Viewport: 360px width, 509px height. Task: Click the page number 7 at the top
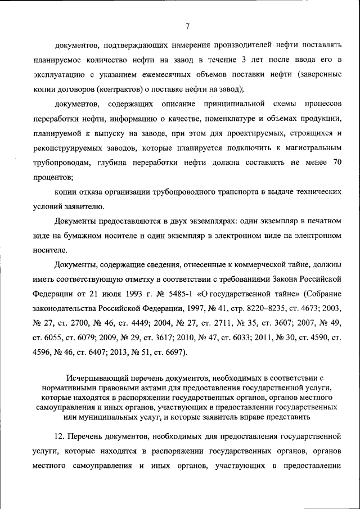point(187,25)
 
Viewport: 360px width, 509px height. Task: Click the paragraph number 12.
point(60,437)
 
